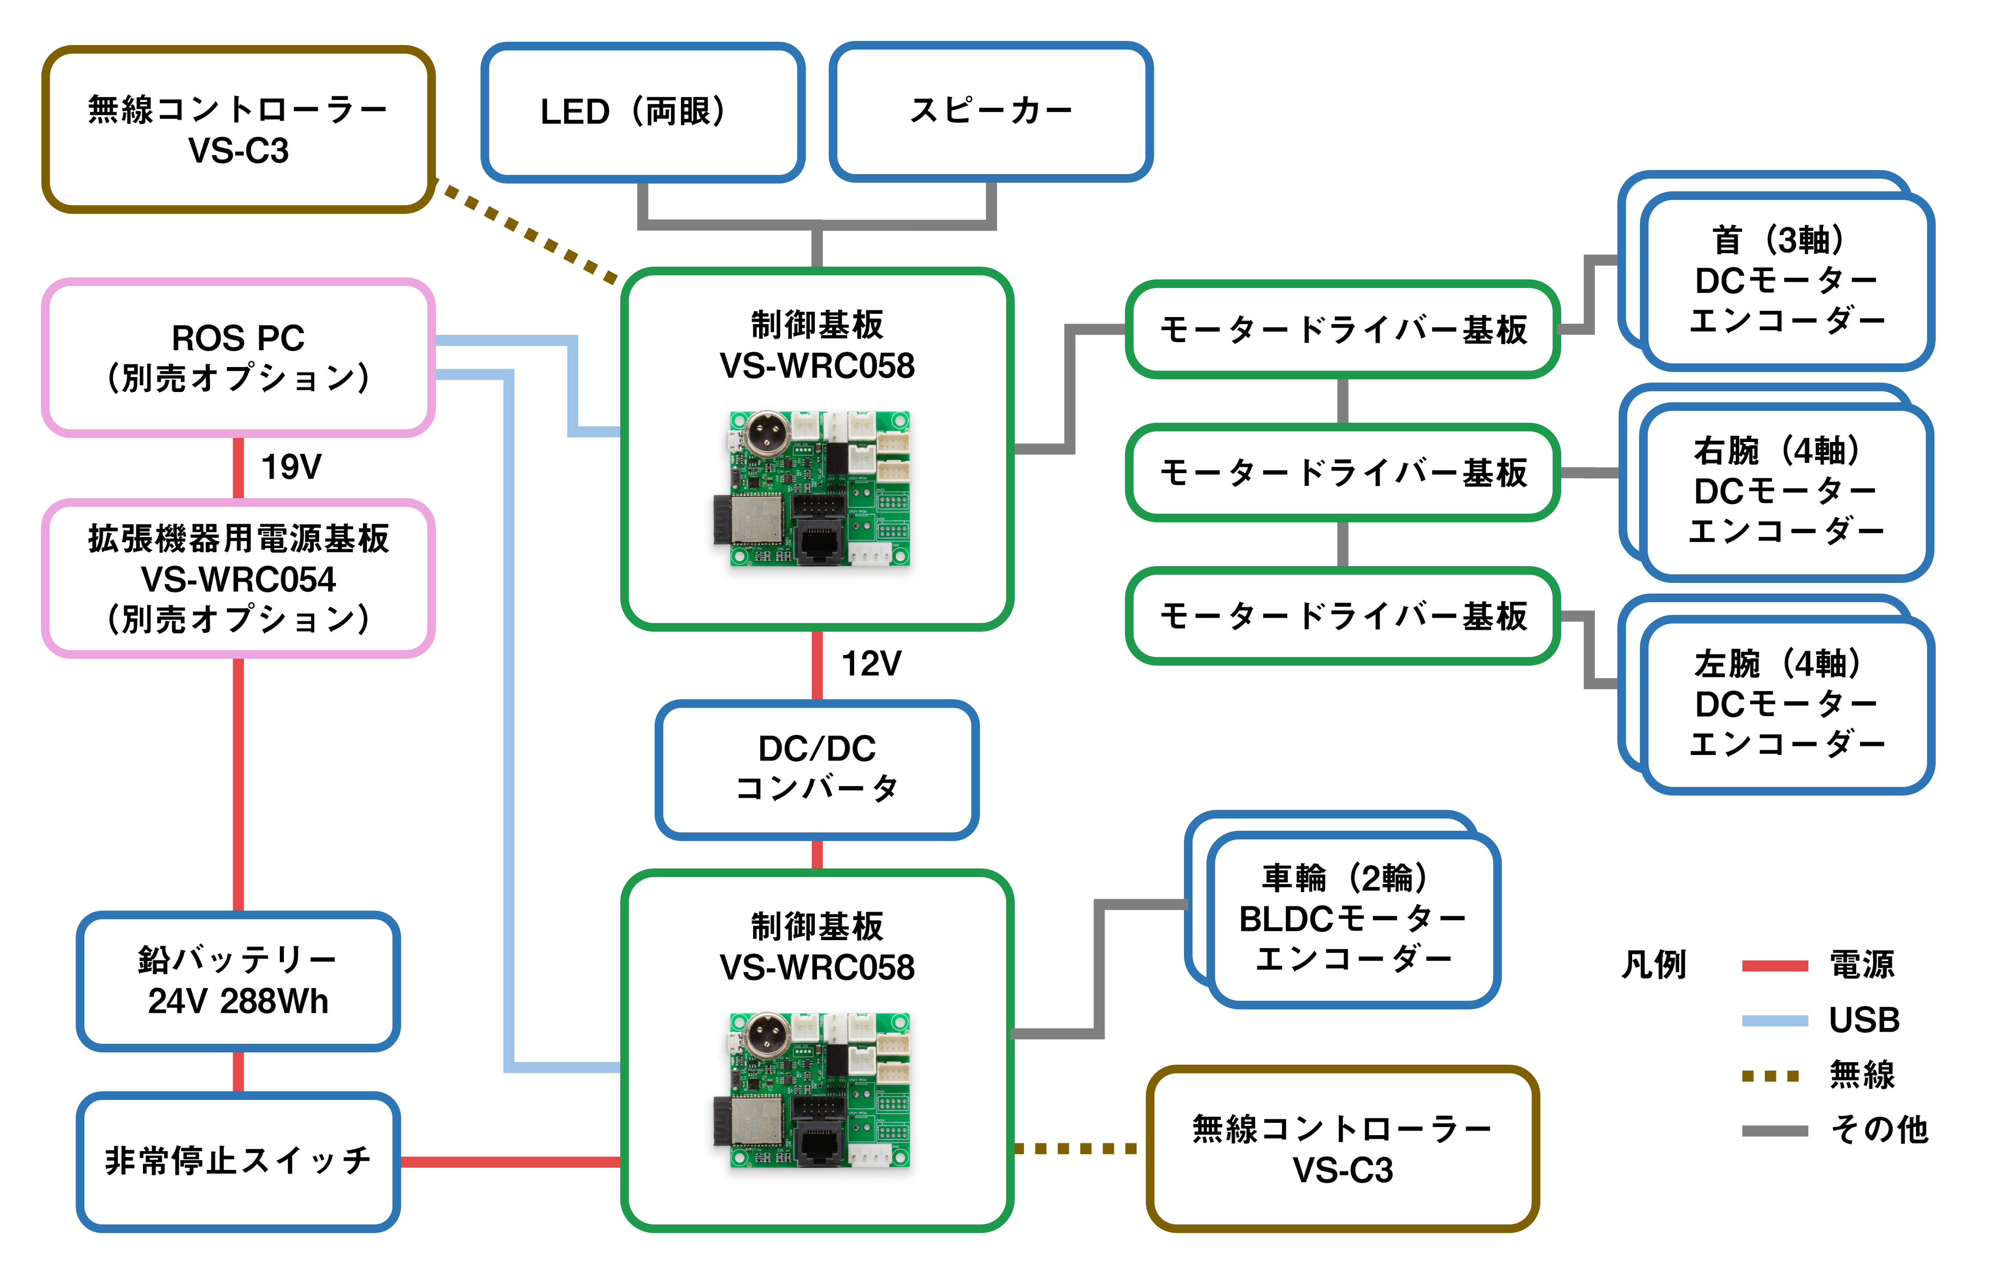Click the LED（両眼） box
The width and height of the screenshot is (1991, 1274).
coord(642,112)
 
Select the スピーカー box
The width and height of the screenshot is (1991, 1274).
coord(990,112)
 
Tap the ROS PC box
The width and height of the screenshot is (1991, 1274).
coord(238,357)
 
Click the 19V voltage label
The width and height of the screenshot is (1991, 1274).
coord(291,467)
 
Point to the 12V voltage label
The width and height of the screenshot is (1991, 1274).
coord(871,664)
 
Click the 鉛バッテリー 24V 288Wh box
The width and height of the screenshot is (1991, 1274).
coord(238,981)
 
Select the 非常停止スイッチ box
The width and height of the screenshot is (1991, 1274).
coord(238,1161)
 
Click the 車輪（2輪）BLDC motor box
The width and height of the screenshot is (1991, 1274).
coord(1353,918)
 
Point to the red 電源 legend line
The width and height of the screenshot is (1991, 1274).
coord(1774,965)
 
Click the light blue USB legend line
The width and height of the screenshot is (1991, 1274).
coord(1774,1021)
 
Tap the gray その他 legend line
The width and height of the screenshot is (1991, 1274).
coord(1774,1131)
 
